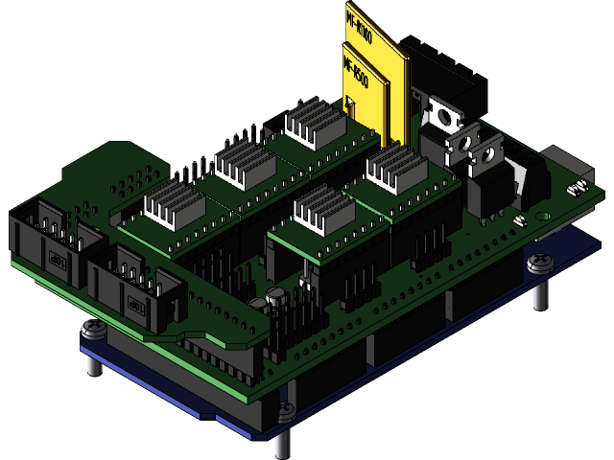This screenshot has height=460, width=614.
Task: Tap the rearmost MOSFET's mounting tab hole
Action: coord(444,118)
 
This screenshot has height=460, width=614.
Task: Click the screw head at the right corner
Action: coord(539,260)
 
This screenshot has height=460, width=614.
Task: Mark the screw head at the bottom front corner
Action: coord(285,412)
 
